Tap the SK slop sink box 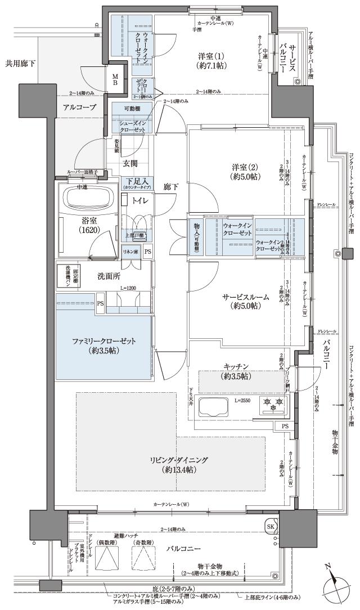click(x=271, y=527)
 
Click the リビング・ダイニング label click(x=178, y=464)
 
